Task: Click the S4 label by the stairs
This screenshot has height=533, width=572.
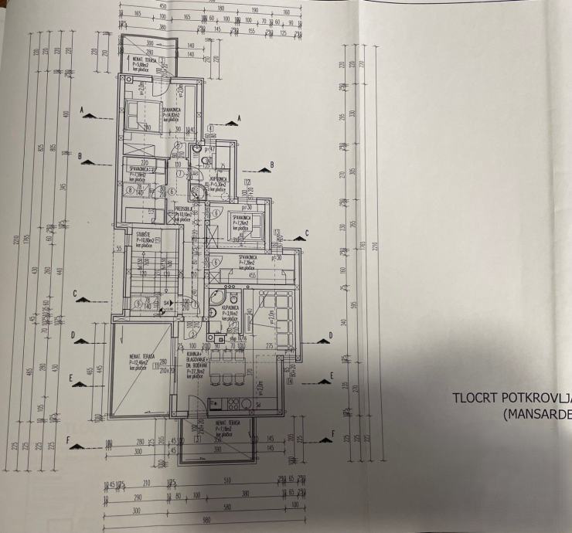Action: pos(167,302)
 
